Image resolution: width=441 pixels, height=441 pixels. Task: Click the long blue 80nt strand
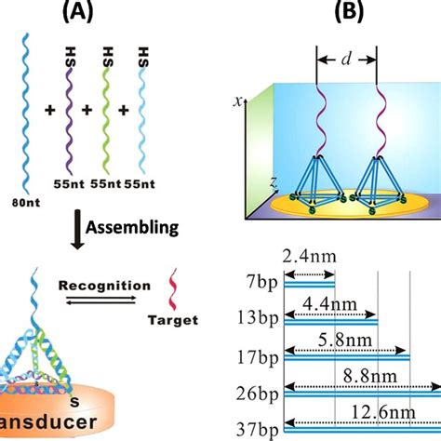pos(25,121)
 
